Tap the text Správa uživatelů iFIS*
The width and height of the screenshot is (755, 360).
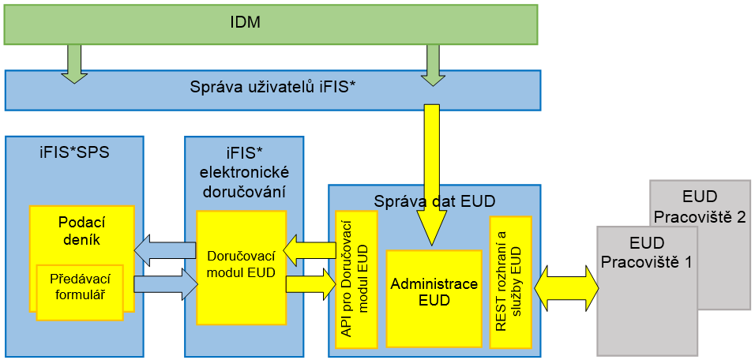pos(272,88)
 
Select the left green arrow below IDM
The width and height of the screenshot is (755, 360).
pos(73,62)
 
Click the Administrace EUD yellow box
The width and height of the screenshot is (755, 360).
pos(434,291)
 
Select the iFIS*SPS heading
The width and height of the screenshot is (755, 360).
pos(73,152)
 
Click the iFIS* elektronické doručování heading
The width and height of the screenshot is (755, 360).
pos(244,171)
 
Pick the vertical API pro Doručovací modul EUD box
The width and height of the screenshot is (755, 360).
pos(356,279)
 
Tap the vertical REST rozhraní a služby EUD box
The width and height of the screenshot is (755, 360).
pos(511,280)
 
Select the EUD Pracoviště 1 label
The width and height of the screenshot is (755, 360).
pos(647,250)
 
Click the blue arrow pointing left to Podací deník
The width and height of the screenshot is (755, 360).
pos(165,250)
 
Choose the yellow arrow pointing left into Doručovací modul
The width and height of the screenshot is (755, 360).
pos(310,250)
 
